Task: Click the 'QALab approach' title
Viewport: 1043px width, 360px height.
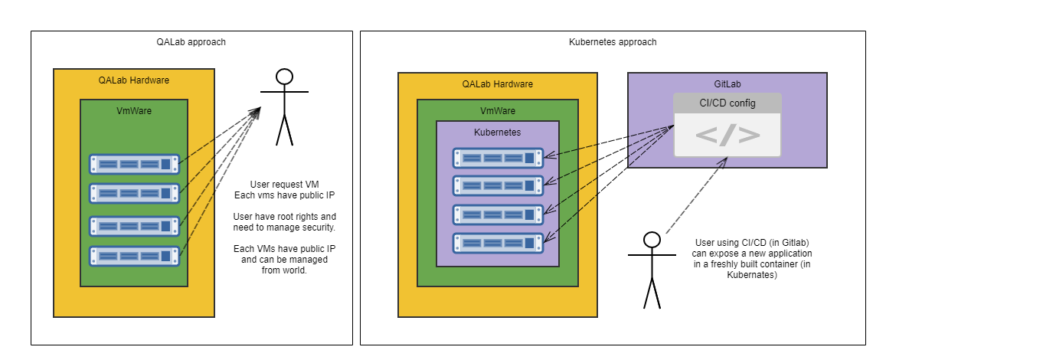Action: point(190,42)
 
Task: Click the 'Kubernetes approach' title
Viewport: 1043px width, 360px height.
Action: point(613,42)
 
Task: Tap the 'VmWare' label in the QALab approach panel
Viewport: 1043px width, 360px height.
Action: point(134,111)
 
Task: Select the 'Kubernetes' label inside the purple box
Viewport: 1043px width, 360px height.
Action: point(498,132)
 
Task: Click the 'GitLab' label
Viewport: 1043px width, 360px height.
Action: point(727,83)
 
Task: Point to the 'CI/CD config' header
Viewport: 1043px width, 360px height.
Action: point(727,103)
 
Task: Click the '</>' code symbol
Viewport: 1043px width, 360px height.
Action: point(727,136)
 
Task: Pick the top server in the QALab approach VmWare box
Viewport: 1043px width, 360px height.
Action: point(134,164)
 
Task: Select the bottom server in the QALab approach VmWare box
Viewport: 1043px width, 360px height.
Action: point(134,256)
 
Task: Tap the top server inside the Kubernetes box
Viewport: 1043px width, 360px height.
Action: point(498,158)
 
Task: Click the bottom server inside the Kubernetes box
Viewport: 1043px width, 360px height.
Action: point(498,243)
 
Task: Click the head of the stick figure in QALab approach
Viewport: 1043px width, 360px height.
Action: point(285,77)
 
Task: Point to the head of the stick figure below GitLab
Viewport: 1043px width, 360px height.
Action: point(652,240)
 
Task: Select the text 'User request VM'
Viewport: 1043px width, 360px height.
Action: point(284,184)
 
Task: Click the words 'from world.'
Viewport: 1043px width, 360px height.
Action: point(284,270)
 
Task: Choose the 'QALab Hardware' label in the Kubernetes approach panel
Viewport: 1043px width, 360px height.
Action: point(498,83)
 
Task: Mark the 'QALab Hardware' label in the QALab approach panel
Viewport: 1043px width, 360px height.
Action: point(134,80)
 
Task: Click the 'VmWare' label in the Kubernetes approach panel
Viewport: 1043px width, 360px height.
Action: point(498,111)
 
